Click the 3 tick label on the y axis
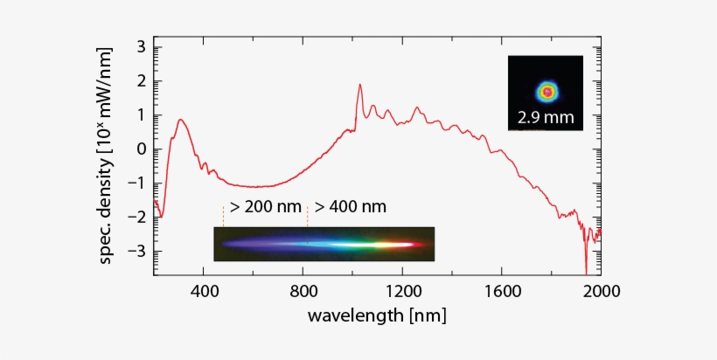click(x=141, y=47)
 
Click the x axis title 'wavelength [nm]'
click(x=377, y=315)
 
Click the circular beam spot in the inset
click(x=547, y=90)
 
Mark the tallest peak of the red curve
click(x=359, y=86)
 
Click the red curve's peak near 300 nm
click(x=180, y=120)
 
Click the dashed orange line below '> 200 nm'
click(x=223, y=216)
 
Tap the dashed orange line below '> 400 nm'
click(x=308, y=216)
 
